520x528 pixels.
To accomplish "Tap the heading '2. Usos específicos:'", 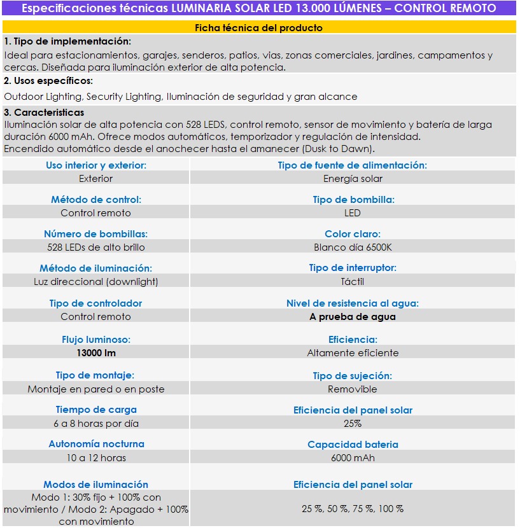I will click(48, 81).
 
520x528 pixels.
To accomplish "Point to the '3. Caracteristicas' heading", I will click(44, 113).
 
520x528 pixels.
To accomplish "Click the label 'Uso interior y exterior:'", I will click(96, 165).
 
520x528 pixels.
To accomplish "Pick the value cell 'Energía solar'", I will click(353, 179).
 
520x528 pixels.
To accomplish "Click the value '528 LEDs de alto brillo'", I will click(96, 247).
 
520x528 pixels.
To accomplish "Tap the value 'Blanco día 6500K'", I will click(353, 247).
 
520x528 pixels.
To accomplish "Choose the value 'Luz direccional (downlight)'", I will click(96, 281).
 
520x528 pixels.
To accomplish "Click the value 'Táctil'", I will click(353, 281).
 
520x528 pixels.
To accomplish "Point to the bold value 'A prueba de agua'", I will click(353, 317).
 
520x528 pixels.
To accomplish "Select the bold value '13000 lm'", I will click(96, 353).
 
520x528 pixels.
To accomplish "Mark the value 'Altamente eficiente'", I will click(353, 353).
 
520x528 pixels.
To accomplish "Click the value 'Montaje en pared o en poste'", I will click(96, 389).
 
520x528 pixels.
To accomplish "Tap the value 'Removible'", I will click(353, 389).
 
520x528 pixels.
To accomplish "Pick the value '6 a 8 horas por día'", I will click(96, 424).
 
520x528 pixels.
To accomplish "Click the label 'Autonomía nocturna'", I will click(96, 444).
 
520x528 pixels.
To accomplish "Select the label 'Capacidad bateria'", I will click(353, 445).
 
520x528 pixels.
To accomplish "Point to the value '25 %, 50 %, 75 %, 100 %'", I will click(353, 509).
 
